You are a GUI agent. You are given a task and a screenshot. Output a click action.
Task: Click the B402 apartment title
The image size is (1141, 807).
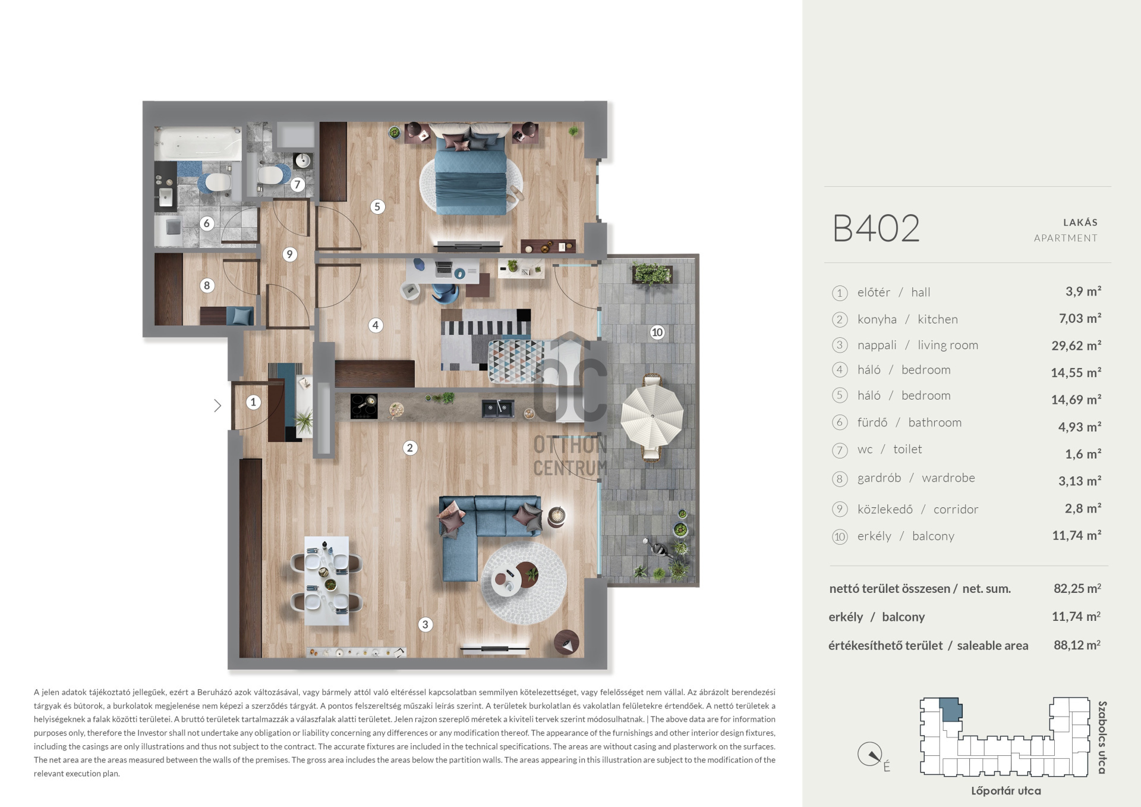[876, 228]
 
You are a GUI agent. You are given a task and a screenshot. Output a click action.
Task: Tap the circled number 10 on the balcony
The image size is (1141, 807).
[657, 332]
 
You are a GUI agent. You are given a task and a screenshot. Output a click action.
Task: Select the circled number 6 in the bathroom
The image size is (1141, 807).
[207, 224]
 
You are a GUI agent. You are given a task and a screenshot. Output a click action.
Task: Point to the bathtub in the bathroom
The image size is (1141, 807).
[198, 143]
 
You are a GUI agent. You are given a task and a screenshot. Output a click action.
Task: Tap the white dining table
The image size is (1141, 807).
[326, 580]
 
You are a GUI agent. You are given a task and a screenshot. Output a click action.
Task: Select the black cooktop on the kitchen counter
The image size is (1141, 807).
[364, 407]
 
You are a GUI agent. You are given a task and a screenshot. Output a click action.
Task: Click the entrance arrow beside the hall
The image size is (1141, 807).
[218, 406]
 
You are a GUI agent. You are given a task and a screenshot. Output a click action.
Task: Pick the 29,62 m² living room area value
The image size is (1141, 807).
[1076, 346]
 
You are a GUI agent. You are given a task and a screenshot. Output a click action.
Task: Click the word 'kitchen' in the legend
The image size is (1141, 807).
[938, 319]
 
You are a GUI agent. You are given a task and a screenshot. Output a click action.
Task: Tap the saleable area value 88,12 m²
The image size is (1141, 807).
[1077, 645]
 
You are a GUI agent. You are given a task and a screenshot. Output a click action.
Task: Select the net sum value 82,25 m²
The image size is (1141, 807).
[1077, 588]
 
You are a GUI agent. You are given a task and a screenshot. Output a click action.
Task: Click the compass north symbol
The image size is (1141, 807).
[870, 755]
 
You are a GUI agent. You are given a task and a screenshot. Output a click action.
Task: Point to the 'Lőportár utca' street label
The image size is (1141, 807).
[1006, 791]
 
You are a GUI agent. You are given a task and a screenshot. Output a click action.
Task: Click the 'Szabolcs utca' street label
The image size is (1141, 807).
[1102, 737]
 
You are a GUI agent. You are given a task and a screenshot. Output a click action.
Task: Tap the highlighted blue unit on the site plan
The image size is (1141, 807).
[950, 709]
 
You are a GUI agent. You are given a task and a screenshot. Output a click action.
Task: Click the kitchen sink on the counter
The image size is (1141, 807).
[497, 409]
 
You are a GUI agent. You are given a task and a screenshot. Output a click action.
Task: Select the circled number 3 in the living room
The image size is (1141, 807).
[425, 624]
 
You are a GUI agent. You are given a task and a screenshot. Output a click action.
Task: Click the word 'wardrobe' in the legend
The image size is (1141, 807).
[948, 478]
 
